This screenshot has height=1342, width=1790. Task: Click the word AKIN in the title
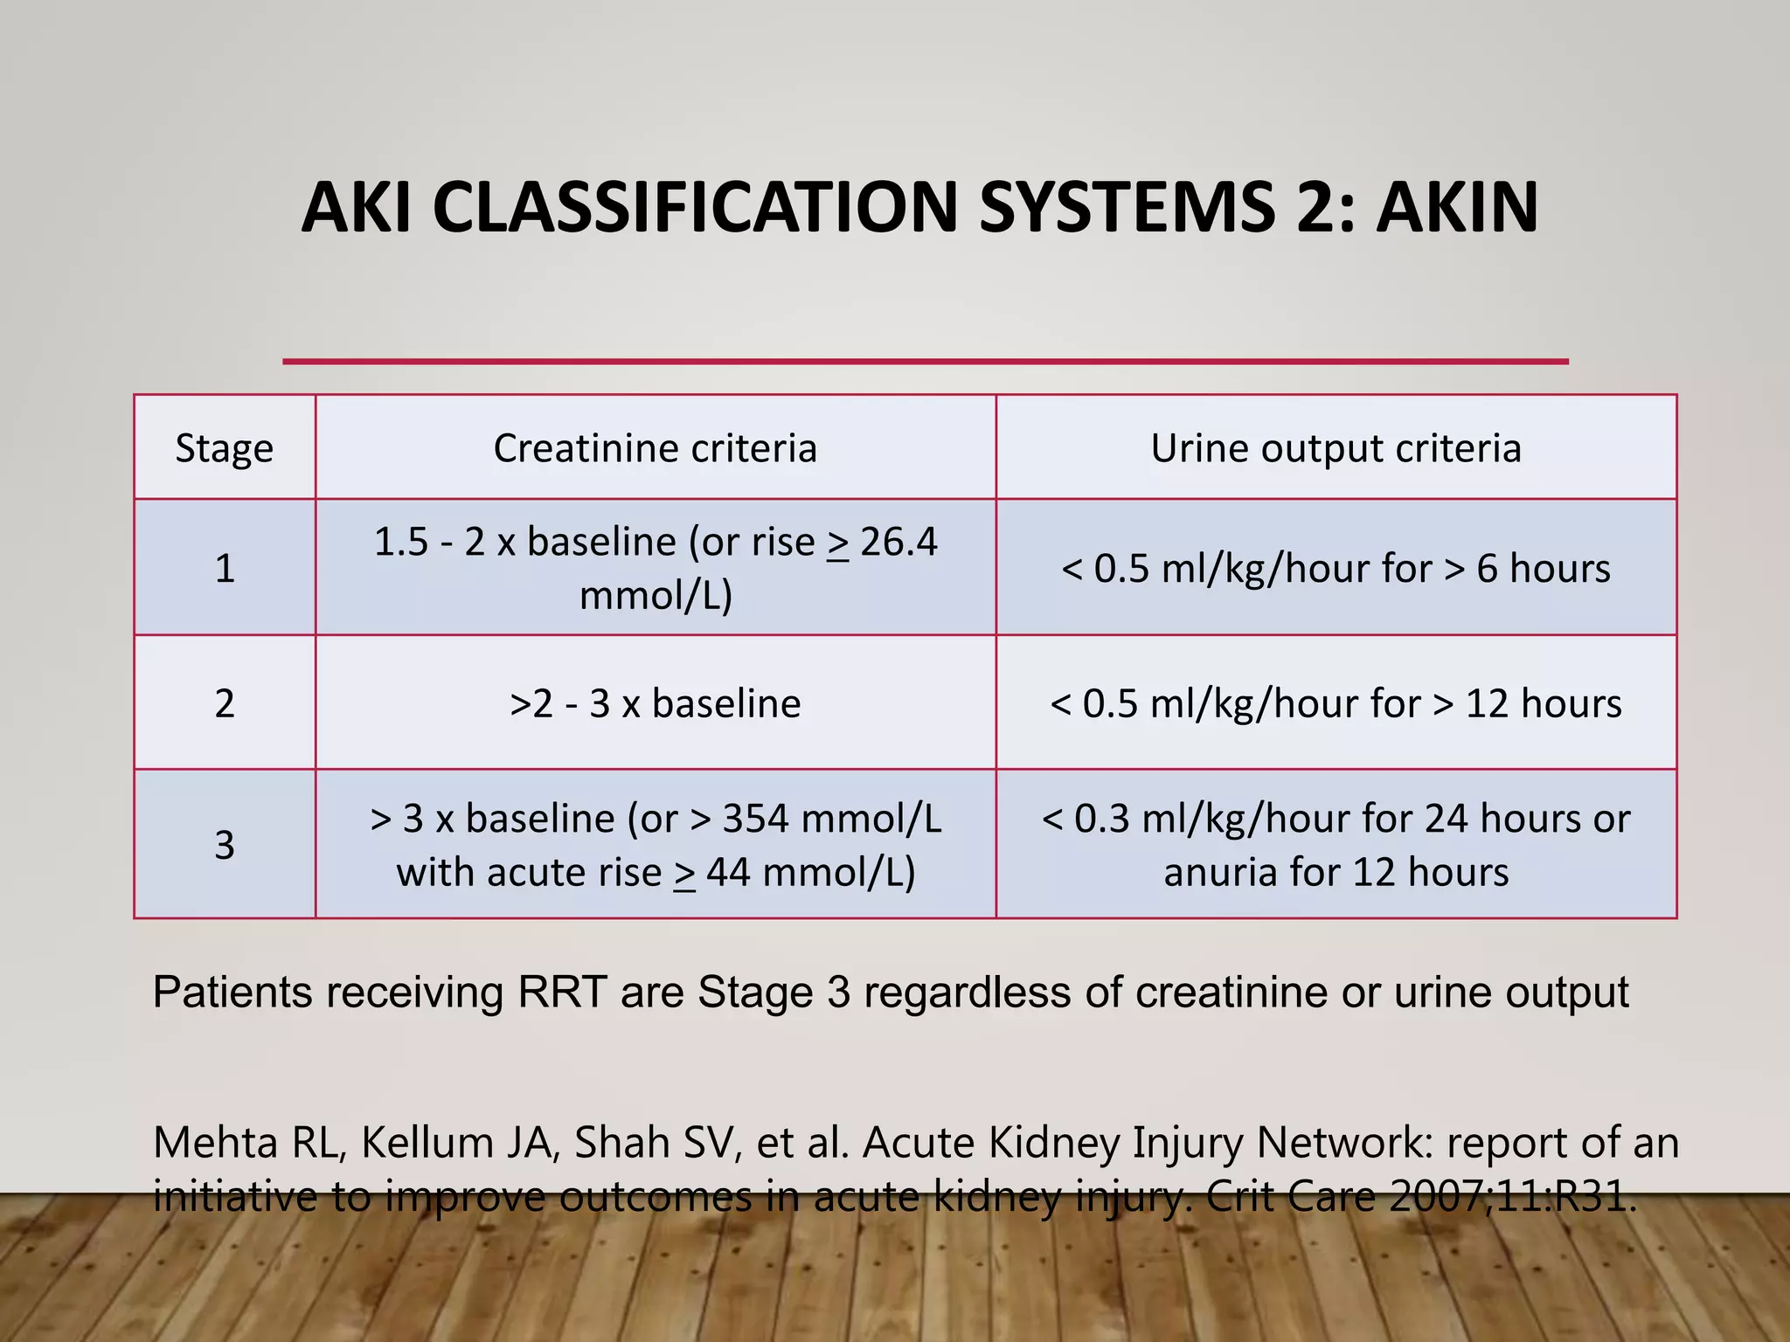(x=1457, y=207)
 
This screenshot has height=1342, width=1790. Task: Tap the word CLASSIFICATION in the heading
(x=696, y=207)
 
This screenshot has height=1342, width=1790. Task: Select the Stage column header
(x=225, y=448)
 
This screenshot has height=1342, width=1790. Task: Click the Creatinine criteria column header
(x=656, y=448)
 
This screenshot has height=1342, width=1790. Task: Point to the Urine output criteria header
(x=1336, y=448)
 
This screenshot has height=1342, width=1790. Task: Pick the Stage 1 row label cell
(x=225, y=568)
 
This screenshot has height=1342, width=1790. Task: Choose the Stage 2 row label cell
(x=225, y=703)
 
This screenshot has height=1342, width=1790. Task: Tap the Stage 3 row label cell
(x=225, y=845)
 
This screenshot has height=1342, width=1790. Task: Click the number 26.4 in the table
(x=898, y=543)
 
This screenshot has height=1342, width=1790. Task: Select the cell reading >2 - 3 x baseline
(x=656, y=703)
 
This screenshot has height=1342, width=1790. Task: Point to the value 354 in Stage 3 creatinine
(x=756, y=819)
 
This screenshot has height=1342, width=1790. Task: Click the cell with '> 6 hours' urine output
(x=1336, y=568)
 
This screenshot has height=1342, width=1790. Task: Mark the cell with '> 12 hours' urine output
(x=1336, y=703)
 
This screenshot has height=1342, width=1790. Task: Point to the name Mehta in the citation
(x=215, y=1143)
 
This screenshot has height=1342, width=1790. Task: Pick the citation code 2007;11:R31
(x=1510, y=1196)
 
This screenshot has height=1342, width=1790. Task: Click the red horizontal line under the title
(x=925, y=361)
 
